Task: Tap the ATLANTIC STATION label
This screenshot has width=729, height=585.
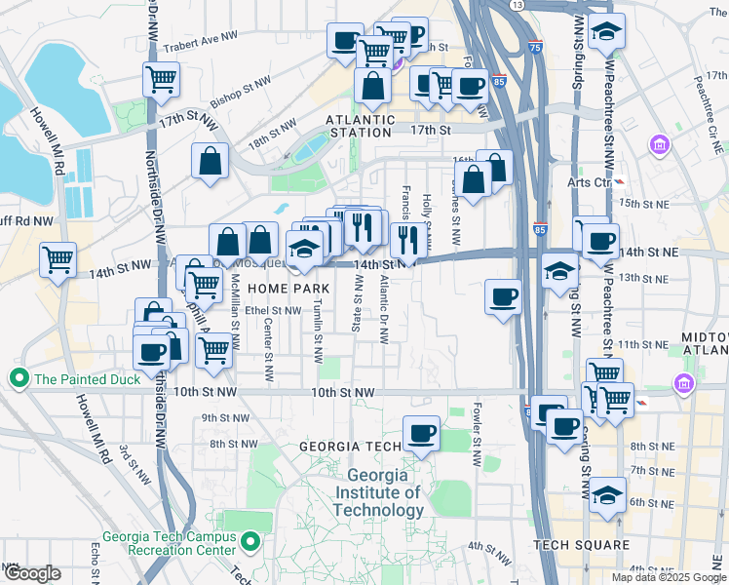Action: (361, 120)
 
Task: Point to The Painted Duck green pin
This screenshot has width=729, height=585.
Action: (18, 377)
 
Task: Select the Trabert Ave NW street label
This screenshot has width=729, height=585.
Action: (200, 40)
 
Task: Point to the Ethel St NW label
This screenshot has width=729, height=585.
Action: (272, 310)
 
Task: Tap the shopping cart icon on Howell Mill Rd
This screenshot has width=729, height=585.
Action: (58, 259)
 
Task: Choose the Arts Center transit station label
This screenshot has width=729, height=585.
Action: (589, 181)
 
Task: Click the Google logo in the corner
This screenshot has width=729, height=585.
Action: (31, 573)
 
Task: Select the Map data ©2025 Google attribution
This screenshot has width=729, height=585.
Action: (668, 576)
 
